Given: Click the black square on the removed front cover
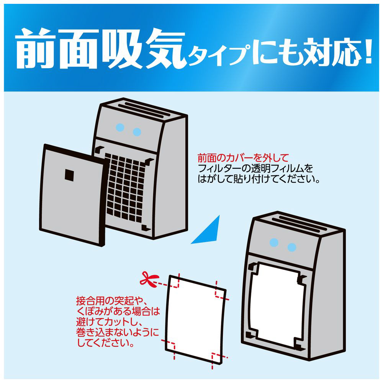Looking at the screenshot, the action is click(69, 175).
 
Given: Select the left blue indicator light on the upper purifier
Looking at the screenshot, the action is click(120, 128).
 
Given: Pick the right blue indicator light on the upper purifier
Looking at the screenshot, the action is click(137, 132).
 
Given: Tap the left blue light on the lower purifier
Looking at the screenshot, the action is click(274, 242).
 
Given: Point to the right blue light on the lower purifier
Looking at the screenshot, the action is click(291, 247).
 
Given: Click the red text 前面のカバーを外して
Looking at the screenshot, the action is click(243, 158).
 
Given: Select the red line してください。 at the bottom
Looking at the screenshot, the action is click(106, 342).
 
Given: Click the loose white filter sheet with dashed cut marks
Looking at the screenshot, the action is click(195, 319).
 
